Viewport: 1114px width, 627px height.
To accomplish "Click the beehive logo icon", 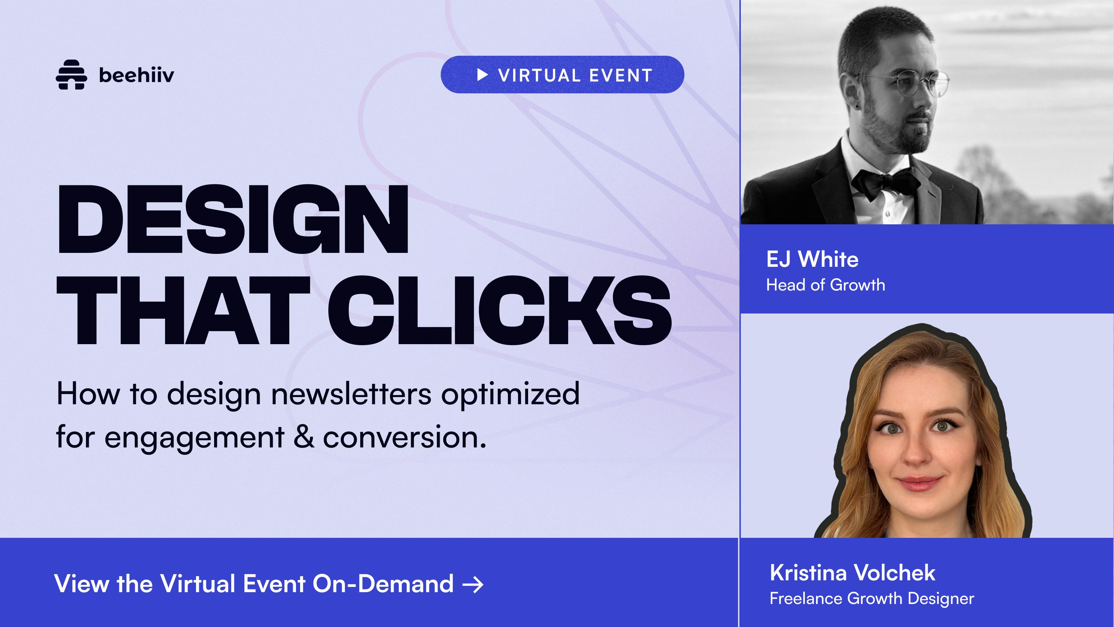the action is pyautogui.click(x=71, y=75).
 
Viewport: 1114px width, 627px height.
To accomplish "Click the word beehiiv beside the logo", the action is pyautogui.click(x=137, y=75).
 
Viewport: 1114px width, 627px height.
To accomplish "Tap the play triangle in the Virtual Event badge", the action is pyautogui.click(x=482, y=75).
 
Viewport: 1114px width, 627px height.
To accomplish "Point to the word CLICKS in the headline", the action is pyautogui.click(x=500, y=311).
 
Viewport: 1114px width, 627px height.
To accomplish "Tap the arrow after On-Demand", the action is pyautogui.click(x=473, y=585).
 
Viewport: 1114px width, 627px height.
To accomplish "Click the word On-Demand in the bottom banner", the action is pyautogui.click(x=383, y=583).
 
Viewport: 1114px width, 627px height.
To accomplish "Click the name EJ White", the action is pyautogui.click(x=812, y=259).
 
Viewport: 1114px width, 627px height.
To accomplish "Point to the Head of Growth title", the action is pyautogui.click(x=825, y=285).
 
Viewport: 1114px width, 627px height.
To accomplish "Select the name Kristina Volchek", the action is pyautogui.click(x=852, y=573).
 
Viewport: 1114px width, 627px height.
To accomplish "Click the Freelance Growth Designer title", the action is pyautogui.click(x=872, y=598).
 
